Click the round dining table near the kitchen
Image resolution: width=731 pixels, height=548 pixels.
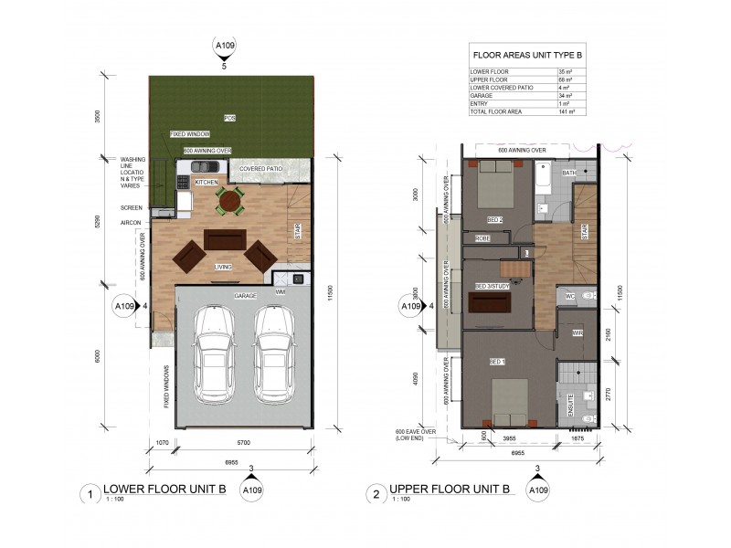(230, 200)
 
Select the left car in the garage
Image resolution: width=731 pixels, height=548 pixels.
(215, 360)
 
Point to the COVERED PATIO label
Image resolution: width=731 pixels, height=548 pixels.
(263, 169)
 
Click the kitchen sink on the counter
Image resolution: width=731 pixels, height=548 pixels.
(207, 167)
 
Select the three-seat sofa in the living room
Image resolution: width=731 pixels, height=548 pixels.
(225, 239)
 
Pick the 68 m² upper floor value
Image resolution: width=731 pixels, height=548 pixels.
(566, 79)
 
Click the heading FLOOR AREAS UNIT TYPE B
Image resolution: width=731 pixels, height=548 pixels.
(527, 55)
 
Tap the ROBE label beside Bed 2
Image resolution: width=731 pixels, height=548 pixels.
(482, 238)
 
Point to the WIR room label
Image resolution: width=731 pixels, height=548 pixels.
(577, 333)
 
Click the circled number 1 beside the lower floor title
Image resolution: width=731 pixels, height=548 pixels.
(90, 494)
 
